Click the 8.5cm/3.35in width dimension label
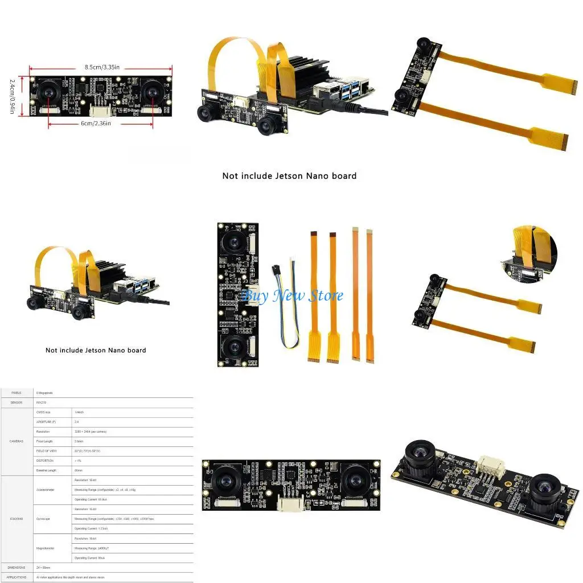(101, 67)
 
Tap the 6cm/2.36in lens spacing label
(95, 123)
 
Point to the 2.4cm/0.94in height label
(12, 96)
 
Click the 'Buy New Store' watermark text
(293, 295)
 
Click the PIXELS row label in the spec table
(17, 393)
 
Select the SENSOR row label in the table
(17, 403)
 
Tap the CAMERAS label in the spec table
(17, 441)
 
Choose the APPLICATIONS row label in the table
(17, 577)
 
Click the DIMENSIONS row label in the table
(17, 568)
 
